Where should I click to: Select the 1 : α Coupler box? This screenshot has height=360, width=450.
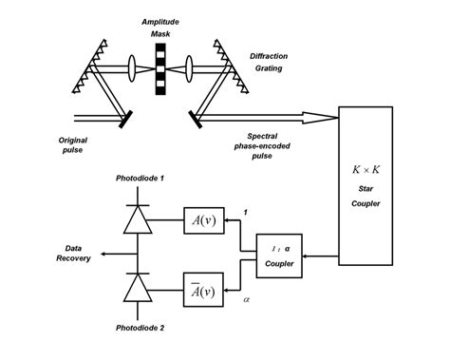click(x=280, y=256)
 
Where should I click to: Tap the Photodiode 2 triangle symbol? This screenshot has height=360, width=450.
click(x=139, y=287)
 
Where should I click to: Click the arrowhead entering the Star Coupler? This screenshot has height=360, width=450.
click(x=331, y=118)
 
